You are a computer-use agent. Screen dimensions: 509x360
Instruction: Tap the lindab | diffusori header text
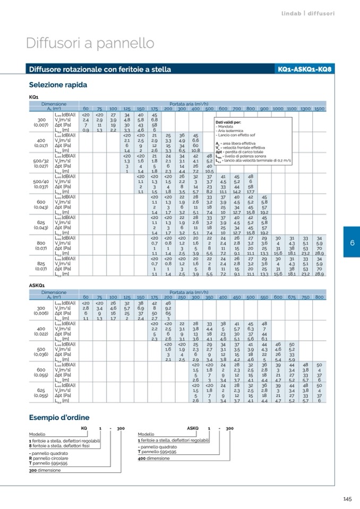click(x=308, y=13)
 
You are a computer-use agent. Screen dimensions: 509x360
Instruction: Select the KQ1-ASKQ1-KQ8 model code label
click(x=304, y=70)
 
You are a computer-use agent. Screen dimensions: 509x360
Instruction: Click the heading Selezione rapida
click(x=58, y=85)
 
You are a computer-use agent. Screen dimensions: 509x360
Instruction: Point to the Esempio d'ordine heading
click(x=59, y=418)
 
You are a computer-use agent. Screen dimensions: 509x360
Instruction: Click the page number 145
click(x=348, y=498)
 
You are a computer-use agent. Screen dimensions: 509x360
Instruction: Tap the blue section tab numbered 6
click(x=352, y=228)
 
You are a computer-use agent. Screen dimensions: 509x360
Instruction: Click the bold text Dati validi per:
click(x=228, y=122)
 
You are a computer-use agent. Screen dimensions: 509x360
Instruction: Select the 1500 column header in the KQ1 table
click(x=319, y=108)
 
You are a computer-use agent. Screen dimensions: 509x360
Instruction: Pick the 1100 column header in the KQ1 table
click(x=291, y=108)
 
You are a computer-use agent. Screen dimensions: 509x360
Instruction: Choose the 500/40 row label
click(x=41, y=182)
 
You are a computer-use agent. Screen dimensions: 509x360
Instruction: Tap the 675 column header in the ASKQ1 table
click(x=292, y=297)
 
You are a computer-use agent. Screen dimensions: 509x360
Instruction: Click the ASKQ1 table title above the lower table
click(x=37, y=286)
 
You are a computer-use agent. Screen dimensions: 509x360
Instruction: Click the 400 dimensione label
click(x=153, y=458)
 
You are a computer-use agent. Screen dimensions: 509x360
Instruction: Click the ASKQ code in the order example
click(x=192, y=428)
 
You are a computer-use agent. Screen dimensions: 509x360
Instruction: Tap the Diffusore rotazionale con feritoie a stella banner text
click(x=100, y=70)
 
